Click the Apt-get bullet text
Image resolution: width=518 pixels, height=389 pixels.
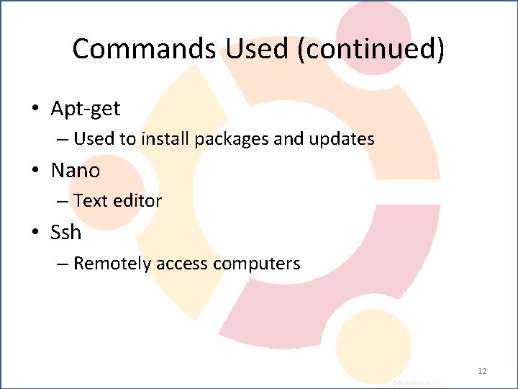pos(86,109)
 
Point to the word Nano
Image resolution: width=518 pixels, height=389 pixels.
pos(76,171)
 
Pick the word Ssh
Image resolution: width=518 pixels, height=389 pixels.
pos(66,233)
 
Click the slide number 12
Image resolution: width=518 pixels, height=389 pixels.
pos(482,371)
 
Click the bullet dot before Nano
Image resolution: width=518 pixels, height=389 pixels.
pos(35,171)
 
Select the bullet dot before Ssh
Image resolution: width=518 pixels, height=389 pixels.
pos(35,233)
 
